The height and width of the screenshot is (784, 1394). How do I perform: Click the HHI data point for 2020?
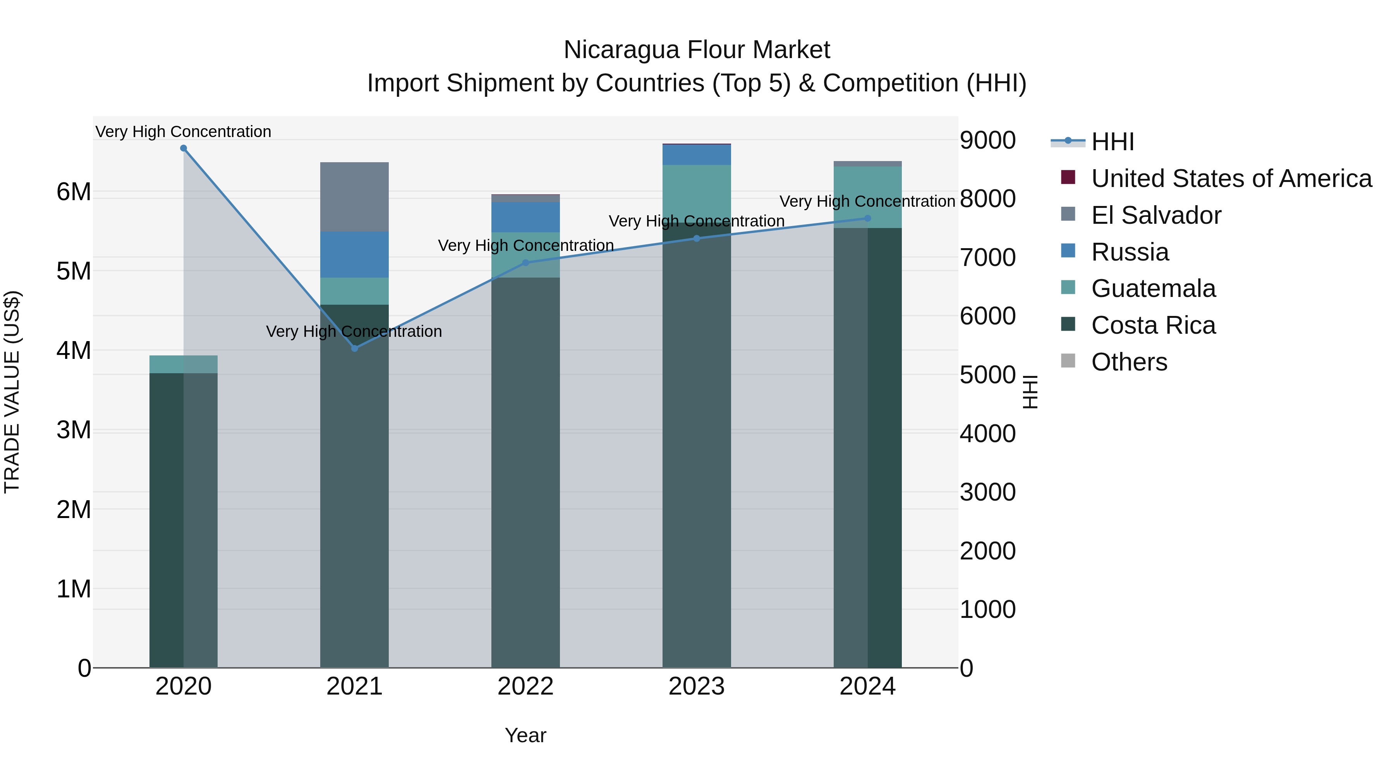pos(184,148)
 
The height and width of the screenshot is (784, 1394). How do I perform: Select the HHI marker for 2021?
pos(354,348)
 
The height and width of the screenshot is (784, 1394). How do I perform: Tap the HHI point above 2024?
pos(867,219)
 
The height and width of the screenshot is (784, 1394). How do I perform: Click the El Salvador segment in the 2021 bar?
pos(354,197)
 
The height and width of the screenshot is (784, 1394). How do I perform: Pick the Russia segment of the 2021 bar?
pos(354,255)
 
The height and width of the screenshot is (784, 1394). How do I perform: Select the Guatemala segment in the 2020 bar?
pos(184,364)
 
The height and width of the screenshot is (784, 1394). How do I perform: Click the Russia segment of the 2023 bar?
pos(697,155)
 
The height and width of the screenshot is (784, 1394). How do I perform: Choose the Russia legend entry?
pos(1130,252)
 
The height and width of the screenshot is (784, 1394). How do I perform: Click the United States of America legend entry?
pos(1231,178)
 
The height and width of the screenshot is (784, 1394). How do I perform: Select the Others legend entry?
pos(1129,362)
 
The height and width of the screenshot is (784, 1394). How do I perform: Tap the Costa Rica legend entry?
pos(1153,325)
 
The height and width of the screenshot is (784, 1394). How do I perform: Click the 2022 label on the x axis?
pos(525,686)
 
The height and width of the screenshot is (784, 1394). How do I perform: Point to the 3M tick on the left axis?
pos(74,430)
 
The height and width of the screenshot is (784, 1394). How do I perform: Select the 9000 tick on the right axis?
pos(987,140)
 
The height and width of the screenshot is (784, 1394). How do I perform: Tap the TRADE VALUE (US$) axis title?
pos(12,392)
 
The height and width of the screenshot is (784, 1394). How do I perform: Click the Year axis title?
pos(525,735)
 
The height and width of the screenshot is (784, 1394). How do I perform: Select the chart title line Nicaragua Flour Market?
pos(697,50)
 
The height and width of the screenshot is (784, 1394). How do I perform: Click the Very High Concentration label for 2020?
pos(184,132)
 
